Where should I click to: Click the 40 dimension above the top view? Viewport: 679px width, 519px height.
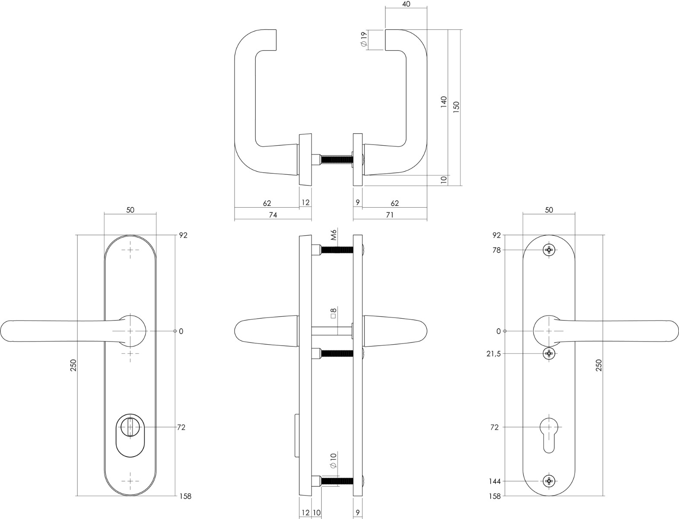coord(406,4)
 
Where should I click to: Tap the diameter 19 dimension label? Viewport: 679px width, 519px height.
coord(364,39)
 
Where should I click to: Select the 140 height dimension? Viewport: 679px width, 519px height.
coord(444,102)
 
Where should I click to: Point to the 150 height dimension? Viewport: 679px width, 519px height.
coord(456,107)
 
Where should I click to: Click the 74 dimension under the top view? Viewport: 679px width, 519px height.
coord(273,215)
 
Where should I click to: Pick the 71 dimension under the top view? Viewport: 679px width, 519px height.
coord(390,215)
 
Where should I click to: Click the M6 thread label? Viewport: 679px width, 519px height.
coord(333,235)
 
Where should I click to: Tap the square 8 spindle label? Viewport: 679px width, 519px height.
coord(333,313)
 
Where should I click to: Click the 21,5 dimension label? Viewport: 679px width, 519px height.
coord(493,354)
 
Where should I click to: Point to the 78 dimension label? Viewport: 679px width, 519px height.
coord(496,250)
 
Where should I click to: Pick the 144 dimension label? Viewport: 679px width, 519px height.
coord(495,481)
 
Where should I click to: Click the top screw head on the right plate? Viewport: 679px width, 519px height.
coord(549,250)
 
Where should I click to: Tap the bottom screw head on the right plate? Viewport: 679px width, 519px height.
coord(549,481)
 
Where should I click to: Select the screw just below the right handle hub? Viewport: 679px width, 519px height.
coord(549,353)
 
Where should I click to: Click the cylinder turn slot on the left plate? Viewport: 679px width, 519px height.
coord(130,427)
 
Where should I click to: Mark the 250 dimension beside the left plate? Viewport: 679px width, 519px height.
coord(73,365)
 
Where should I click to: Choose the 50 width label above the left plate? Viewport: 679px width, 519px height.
coord(130,210)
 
